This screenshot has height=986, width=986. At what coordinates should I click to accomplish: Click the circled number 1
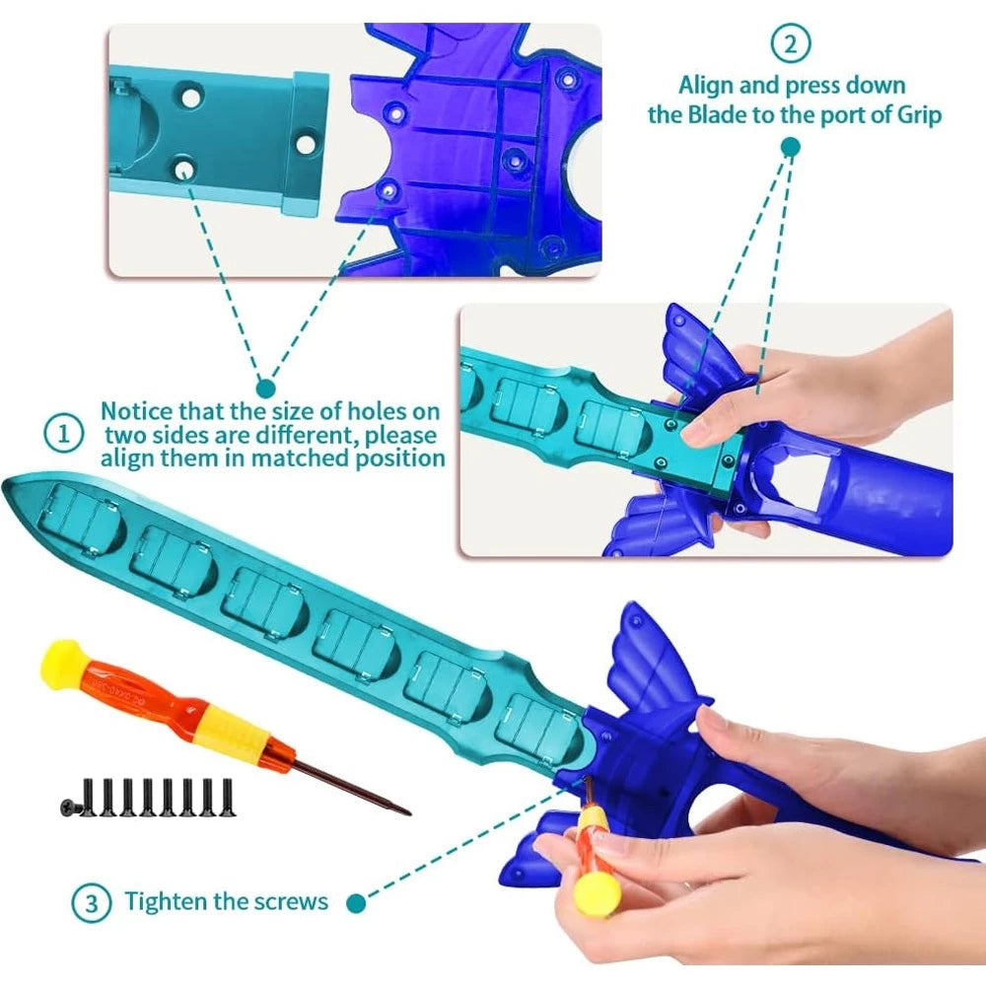(63, 434)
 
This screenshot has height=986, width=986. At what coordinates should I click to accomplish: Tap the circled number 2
(791, 43)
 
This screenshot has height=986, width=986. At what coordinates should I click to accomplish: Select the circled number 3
(92, 903)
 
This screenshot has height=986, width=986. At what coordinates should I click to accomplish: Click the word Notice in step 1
(136, 411)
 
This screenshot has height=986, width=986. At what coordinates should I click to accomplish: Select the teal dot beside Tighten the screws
(356, 903)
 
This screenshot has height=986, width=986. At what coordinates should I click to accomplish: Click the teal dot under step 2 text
(791, 147)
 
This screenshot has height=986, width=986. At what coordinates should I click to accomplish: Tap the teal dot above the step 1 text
(266, 387)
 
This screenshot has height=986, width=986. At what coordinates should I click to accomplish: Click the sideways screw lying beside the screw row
(71, 805)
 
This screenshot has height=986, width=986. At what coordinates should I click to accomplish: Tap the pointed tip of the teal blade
(6, 487)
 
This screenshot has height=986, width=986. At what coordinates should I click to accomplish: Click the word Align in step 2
(706, 86)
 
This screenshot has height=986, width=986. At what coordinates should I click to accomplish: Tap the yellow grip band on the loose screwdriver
(234, 733)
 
